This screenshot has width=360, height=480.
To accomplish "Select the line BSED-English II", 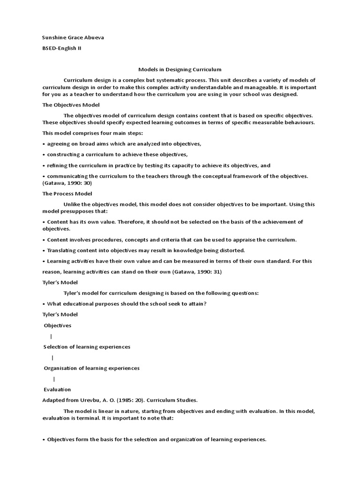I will (x=62, y=48).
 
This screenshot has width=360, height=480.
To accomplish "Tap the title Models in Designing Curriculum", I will (x=180, y=69).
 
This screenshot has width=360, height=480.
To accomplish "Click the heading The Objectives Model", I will (x=71, y=105).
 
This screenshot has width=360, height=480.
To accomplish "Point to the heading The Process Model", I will (x=67, y=194).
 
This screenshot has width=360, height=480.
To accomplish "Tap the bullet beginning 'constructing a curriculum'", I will (x=115, y=154).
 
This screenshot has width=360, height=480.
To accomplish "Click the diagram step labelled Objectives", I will (x=58, y=325).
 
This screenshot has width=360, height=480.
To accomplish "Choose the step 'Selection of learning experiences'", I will (x=87, y=347).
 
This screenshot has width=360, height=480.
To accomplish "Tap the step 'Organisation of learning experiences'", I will (x=91, y=368).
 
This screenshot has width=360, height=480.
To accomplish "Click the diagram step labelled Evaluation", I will (x=57, y=390).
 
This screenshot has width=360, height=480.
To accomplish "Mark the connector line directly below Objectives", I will (x=51, y=337).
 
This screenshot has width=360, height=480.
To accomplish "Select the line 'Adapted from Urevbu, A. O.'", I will (x=120, y=400).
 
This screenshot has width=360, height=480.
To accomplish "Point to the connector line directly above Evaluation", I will (x=54, y=379).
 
